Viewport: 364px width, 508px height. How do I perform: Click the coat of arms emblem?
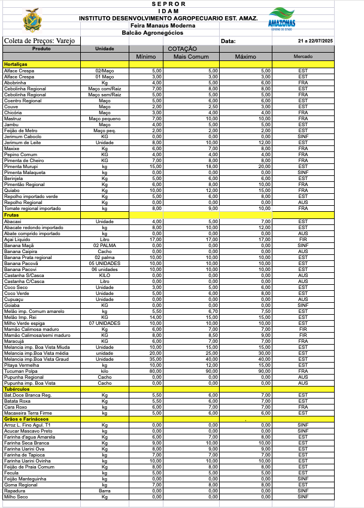pyautogui.click(x=32, y=23)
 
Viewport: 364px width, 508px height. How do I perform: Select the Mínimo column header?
pyautogui.click(x=146, y=56)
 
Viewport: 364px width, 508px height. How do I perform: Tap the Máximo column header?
pyautogui.click(x=245, y=56)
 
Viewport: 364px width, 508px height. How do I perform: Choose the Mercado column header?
pyautogui.click(x=302, y=56)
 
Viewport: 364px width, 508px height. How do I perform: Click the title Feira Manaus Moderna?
pyautogui.click(x=163, y=26)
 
